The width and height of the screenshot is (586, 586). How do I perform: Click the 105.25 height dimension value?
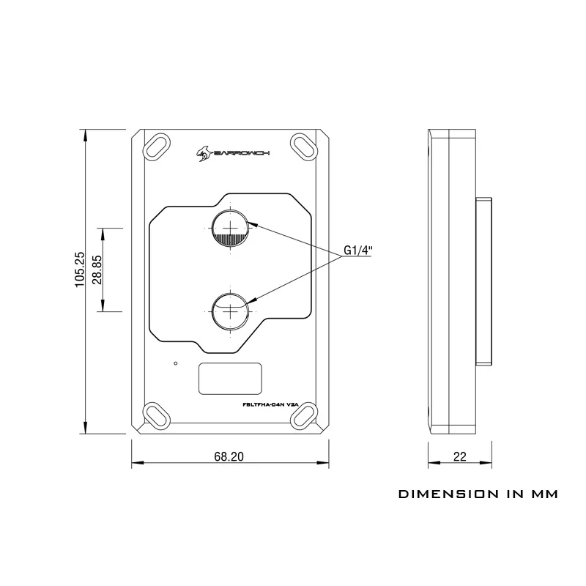(80, 269)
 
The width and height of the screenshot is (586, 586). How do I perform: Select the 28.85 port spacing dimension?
(97, 270)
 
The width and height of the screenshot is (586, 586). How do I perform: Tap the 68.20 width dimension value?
(229, 456)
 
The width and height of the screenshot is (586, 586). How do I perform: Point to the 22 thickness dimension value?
(460, 456)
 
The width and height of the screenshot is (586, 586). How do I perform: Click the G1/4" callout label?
(357, 250)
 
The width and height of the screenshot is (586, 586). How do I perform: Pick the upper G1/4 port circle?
(231, 228)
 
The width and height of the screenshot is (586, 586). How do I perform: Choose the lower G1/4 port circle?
(231, 311)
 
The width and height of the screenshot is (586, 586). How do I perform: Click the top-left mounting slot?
(156, 147)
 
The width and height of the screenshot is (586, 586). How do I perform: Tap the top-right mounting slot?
(305, 147)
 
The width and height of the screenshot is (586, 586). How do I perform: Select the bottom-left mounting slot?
(156, 416)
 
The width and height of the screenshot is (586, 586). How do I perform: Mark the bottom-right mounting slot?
(305, 416)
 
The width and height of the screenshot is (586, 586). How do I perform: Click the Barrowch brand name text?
(241, 153)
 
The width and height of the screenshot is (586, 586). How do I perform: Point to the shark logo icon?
(204, 154)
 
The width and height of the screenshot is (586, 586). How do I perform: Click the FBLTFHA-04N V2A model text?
(270, 404)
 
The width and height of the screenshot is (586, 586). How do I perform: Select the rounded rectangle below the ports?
(230, 378)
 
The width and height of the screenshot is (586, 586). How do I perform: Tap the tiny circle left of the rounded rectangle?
(176, 363)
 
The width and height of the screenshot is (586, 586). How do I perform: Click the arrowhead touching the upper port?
(253, 223)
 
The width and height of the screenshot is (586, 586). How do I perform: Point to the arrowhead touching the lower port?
(253, 300)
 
